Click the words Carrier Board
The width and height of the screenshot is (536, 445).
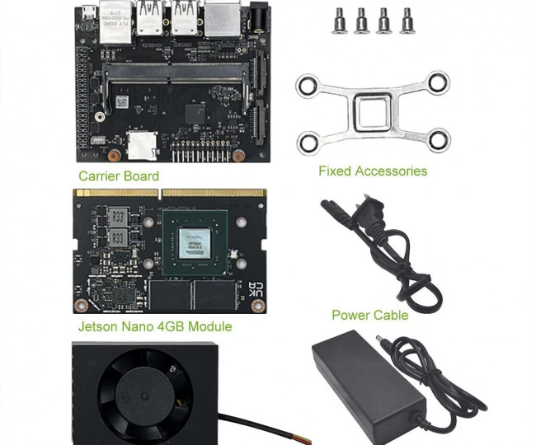[x=119, y=176]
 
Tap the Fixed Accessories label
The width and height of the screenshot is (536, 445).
[x=373, y=171]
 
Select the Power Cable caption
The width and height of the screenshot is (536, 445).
[x=369, y=315]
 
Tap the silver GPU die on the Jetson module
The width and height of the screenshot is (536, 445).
[x=198, y=241]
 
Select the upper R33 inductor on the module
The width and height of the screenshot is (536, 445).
[x=118, y=217]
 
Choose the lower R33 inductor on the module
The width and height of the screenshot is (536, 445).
[x=118, y=238]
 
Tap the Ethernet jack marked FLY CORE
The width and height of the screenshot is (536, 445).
[x=113, y=21]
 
